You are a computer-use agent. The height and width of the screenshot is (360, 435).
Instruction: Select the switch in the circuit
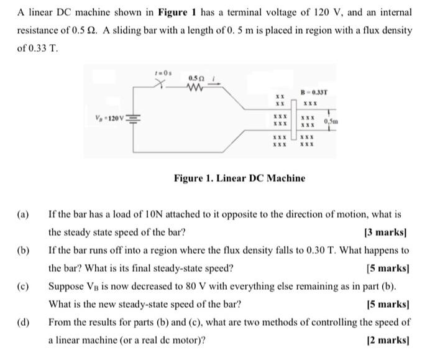[x=162, y=83]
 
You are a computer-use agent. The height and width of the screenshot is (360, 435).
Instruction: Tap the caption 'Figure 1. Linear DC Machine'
[x=239, y=178]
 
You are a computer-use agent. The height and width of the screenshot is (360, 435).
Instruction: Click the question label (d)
[x=24, y=322]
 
